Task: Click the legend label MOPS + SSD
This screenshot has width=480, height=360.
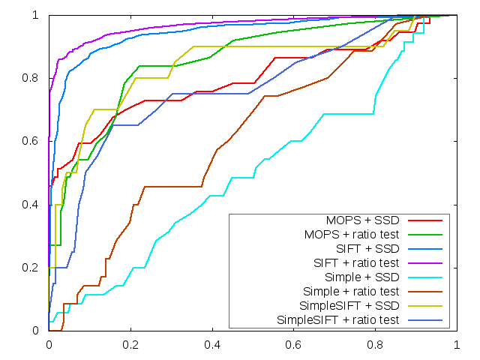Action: (x=362, y=220)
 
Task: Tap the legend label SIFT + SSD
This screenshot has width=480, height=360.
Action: (x=367, y=249)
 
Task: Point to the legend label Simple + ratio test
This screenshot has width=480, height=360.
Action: (x=350, y=292)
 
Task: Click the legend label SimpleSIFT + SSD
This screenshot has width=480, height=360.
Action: (x=349, y=306)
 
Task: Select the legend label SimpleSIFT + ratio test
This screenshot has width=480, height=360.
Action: (x=337, y=320)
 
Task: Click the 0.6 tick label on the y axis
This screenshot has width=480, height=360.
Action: (x=34, y=141)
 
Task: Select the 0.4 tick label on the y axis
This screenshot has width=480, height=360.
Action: (x=34, y=204)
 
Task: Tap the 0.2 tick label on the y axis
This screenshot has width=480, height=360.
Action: (x=34, y=268)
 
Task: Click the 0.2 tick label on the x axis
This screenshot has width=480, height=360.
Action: (x=130, y=346)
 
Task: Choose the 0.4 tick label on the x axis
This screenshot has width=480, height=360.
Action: (x=212, y=346)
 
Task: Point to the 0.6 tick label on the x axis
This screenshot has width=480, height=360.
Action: (x=294, y=346)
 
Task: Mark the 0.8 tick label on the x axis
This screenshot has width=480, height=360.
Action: (x=376, y=346)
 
